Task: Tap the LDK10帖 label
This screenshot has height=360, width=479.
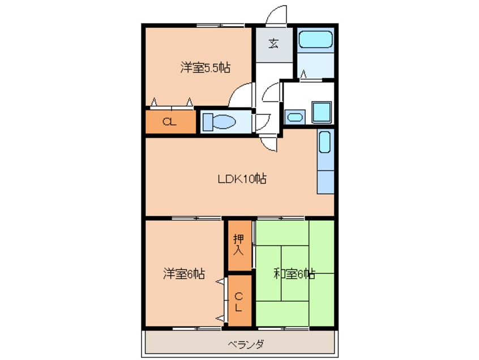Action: click(242, 179)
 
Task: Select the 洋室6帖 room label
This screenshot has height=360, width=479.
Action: click(184, 274)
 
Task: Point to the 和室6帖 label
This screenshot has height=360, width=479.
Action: click(294, 275)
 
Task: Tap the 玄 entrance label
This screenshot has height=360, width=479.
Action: click(273, 43)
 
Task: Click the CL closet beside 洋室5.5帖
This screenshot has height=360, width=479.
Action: click(169, 121)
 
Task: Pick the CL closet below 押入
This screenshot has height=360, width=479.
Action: click(239, 302)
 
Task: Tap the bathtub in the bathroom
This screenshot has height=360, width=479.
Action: click(315, 40)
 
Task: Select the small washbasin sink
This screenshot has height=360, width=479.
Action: click(294, 117)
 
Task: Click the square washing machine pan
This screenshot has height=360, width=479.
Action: click(322, 112)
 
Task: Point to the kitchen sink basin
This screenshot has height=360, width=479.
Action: click(324, 143)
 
